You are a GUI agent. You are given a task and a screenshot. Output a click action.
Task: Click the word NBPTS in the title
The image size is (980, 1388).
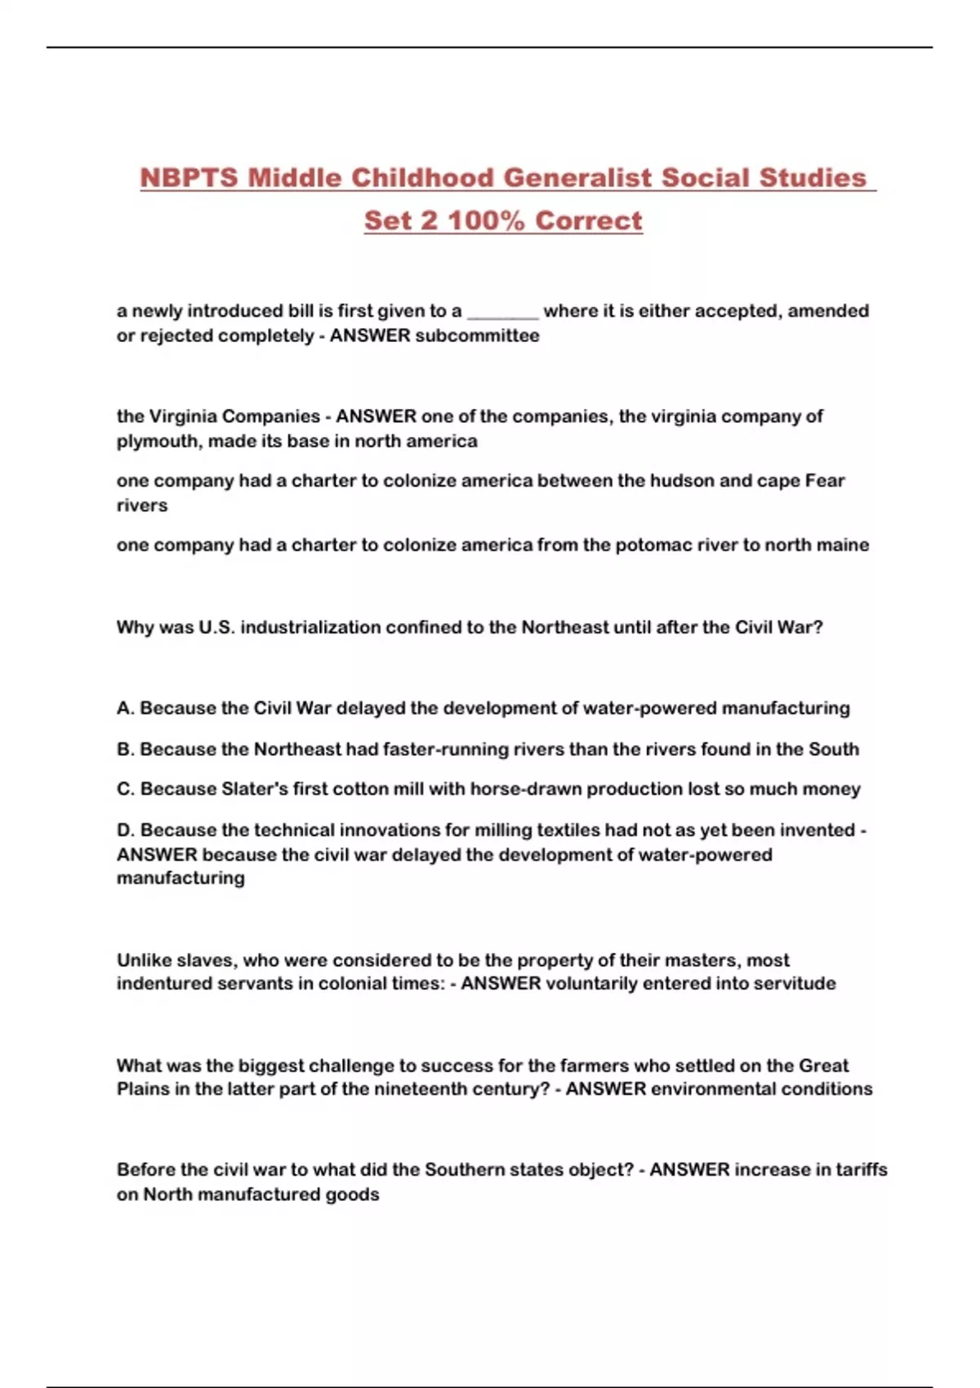(189, 177)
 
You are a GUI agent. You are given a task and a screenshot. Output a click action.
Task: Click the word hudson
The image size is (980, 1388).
(682, 480)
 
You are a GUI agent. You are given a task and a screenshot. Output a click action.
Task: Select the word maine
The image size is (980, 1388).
(843, 545)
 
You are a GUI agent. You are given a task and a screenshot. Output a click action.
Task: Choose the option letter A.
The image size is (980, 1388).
(125, 708)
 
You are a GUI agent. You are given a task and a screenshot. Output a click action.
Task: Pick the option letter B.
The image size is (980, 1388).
(125, 749)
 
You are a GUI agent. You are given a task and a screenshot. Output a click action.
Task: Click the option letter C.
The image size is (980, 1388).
(125, 789)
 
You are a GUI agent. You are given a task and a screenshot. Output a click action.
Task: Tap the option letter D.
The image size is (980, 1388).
(125, 830)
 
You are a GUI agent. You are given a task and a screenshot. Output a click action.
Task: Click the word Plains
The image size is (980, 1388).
(142, 1088)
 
